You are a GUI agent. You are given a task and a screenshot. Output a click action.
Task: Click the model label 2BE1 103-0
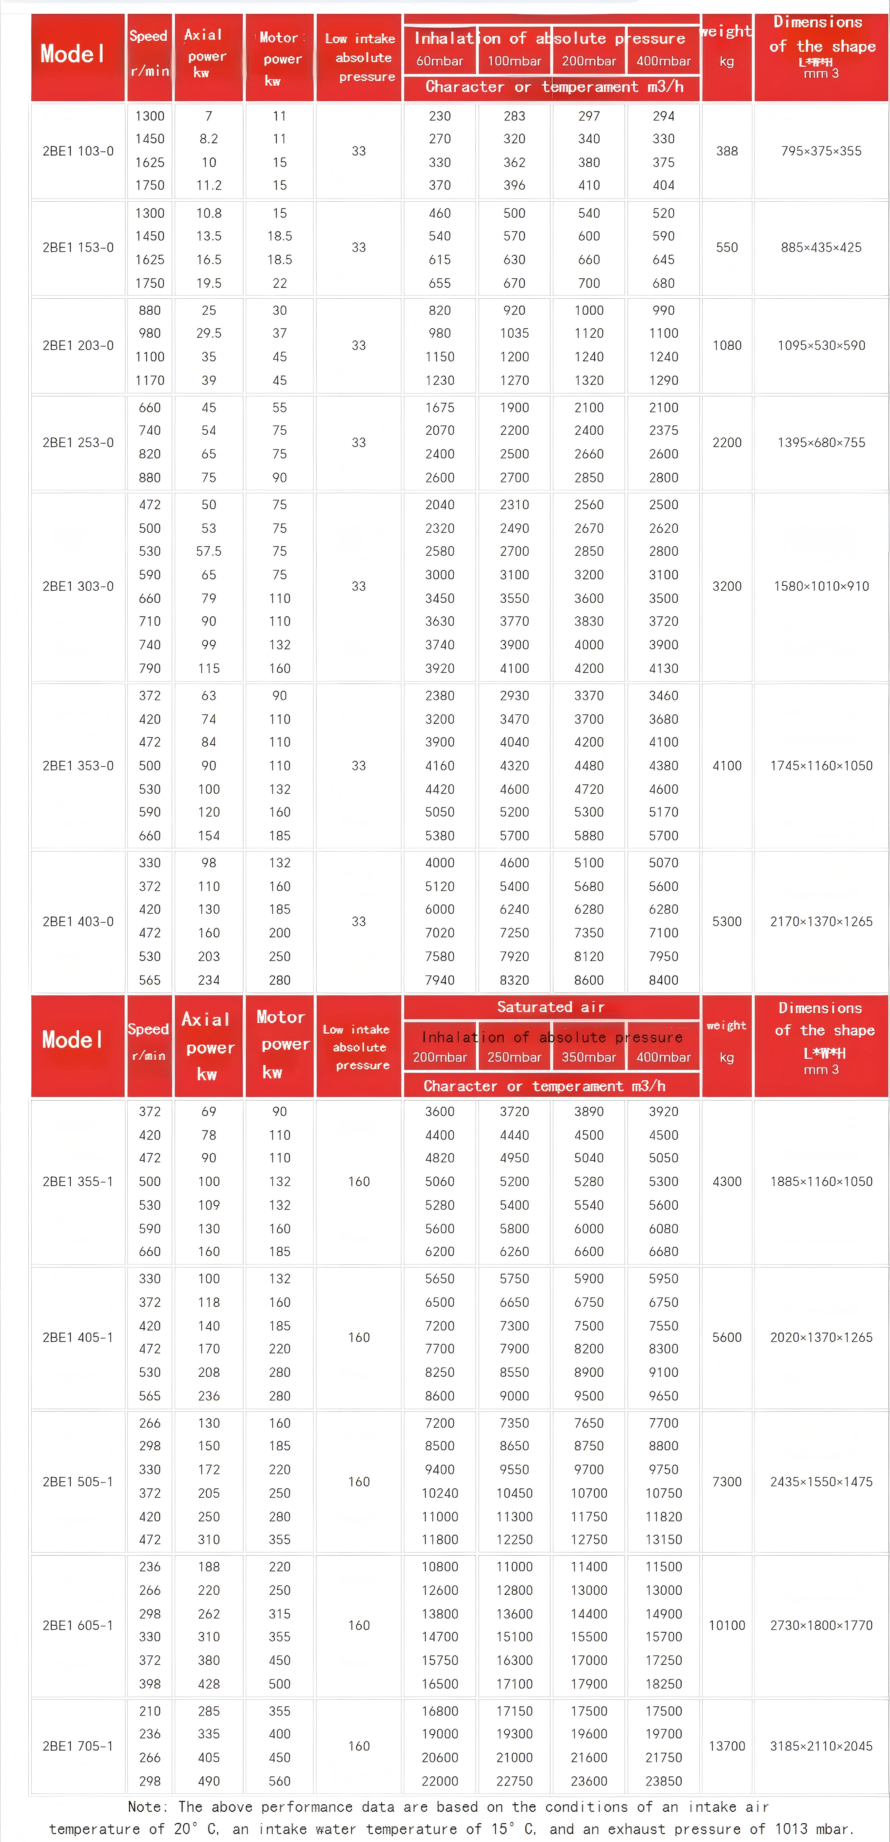(x=78, y=151)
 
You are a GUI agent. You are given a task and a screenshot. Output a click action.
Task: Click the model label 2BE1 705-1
(x=78, y=1746)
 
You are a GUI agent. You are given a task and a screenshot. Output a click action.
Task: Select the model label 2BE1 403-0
(x=78, y=921)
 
